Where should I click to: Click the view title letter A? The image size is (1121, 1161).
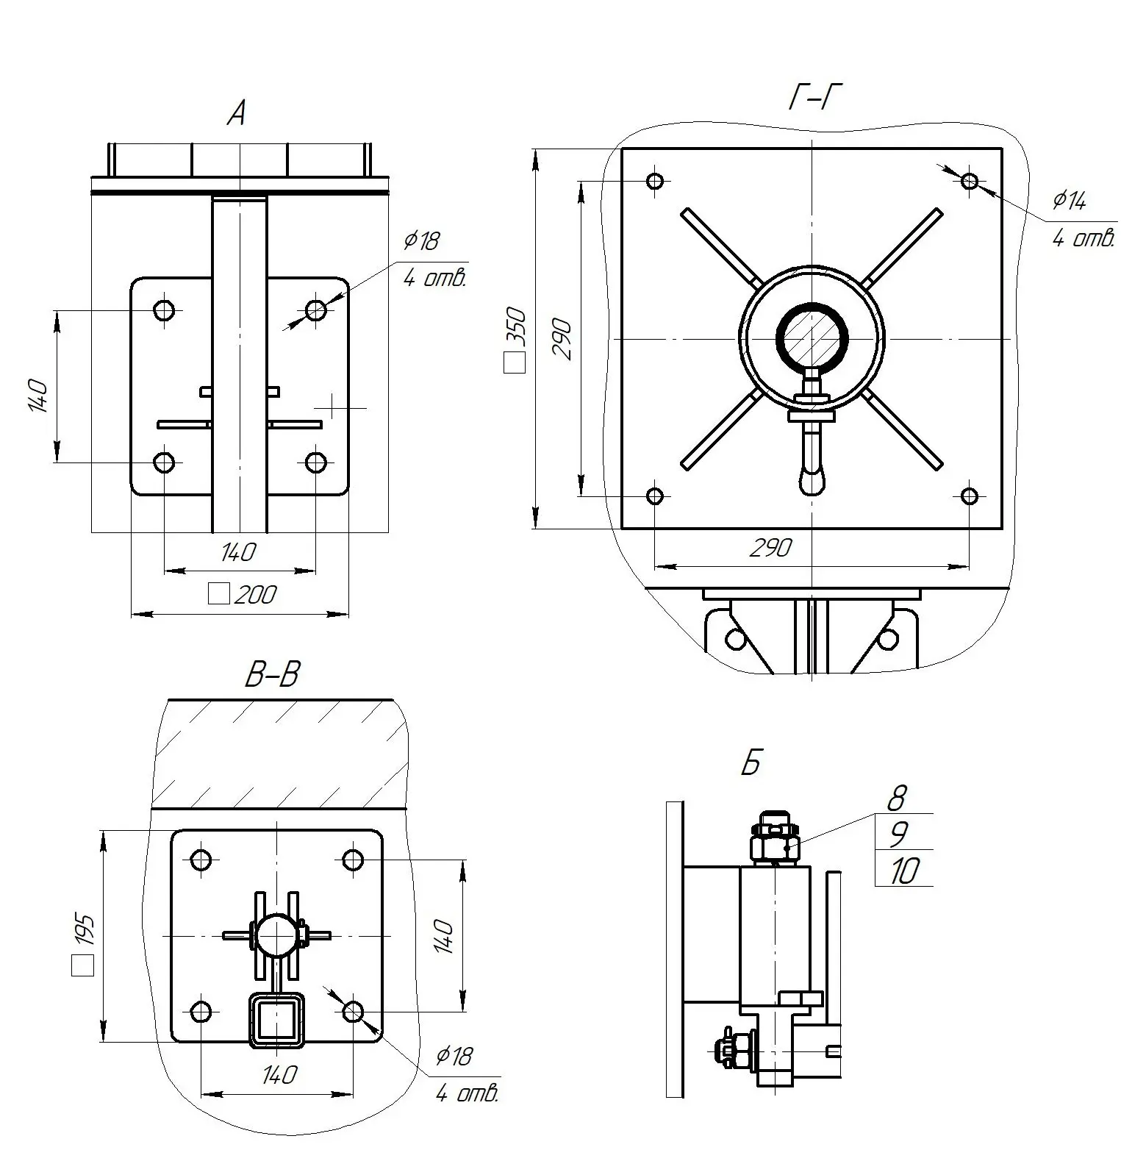click(237, 114)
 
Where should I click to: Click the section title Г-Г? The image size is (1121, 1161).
click(814, 96)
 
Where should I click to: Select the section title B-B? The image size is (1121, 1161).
click(272, 674)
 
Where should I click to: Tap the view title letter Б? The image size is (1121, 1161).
click(751, 765)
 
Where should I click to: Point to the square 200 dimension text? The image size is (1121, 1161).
click(254, 594)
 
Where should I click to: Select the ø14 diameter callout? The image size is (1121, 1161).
click(1069, 200)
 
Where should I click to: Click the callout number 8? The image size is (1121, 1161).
click(897, 797)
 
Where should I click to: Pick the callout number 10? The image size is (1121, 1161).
click(904, 871)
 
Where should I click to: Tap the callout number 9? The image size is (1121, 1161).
click(898, 834)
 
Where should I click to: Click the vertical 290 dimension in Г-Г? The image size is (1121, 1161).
click(562, 339)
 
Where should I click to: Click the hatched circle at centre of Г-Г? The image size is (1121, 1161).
click(812, 339)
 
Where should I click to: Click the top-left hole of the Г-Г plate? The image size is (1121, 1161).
click(655, 181)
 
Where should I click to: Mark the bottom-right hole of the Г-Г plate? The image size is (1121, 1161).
click(970, 496)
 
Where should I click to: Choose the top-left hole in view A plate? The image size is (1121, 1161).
click(165, 310)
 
